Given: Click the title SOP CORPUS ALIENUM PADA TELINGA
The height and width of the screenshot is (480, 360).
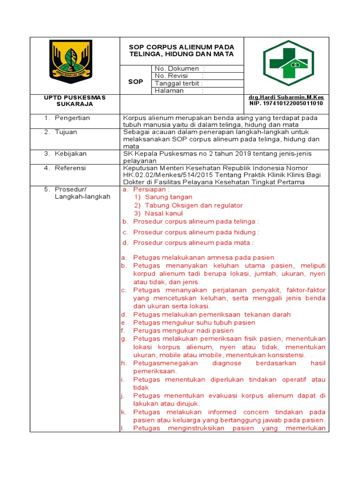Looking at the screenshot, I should pos(181,51).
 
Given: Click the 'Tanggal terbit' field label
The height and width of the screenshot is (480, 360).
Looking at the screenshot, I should pos(179,83).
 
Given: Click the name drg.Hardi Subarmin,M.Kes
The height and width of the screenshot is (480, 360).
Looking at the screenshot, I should pos(286,97).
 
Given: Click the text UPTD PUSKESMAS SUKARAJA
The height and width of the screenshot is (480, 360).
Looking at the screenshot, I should pos(75,100).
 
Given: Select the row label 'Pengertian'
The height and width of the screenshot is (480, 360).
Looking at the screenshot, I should pos(72,118).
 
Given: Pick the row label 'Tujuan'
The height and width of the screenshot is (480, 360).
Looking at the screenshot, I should pos(67,132).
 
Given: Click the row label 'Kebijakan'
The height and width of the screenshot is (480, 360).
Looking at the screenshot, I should pos(71,153).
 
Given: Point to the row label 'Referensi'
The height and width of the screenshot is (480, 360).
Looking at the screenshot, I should pos(70,168).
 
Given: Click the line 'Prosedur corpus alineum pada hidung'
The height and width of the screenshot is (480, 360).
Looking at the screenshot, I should pos(195,232).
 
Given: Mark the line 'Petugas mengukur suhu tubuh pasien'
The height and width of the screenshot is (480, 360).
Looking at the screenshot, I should pos(194,322).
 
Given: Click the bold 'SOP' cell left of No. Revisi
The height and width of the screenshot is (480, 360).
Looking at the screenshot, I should pos(135,82).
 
